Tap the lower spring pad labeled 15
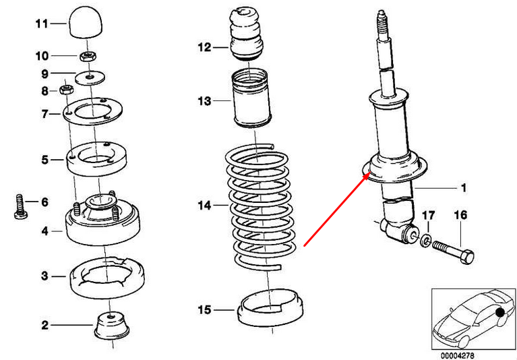(x=268, y=310)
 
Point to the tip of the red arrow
(x=367, y=174)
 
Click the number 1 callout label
(x=463, y=187)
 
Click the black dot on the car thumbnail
(x=499, y=313)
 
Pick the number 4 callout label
(x=44, y=231)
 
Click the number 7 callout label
(x=44, y=115)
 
